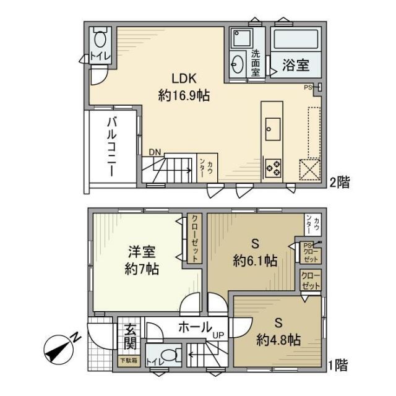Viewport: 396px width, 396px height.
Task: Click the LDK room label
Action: pyautogui.click(x=184, y=80)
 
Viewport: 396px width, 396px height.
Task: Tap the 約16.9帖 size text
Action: pyautogui.click(x=184, y=97)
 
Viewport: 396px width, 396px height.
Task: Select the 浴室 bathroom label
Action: pyautogui.click(x=296, y=65)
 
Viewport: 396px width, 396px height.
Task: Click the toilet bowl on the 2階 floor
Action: pyautogui.click(x=99, y=42)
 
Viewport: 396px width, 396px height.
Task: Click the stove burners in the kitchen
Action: pyautogui.click(x=272, y=166)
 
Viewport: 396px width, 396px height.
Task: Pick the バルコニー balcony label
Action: pyautogui.click(x=113, y=146)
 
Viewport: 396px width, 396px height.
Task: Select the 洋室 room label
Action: pyautogui.click(x=142, y=252)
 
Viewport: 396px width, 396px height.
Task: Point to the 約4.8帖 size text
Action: pyautogui.click(x=278, y=339)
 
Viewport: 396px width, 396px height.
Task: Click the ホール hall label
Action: pyautogui.click(x=196, y=326)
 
